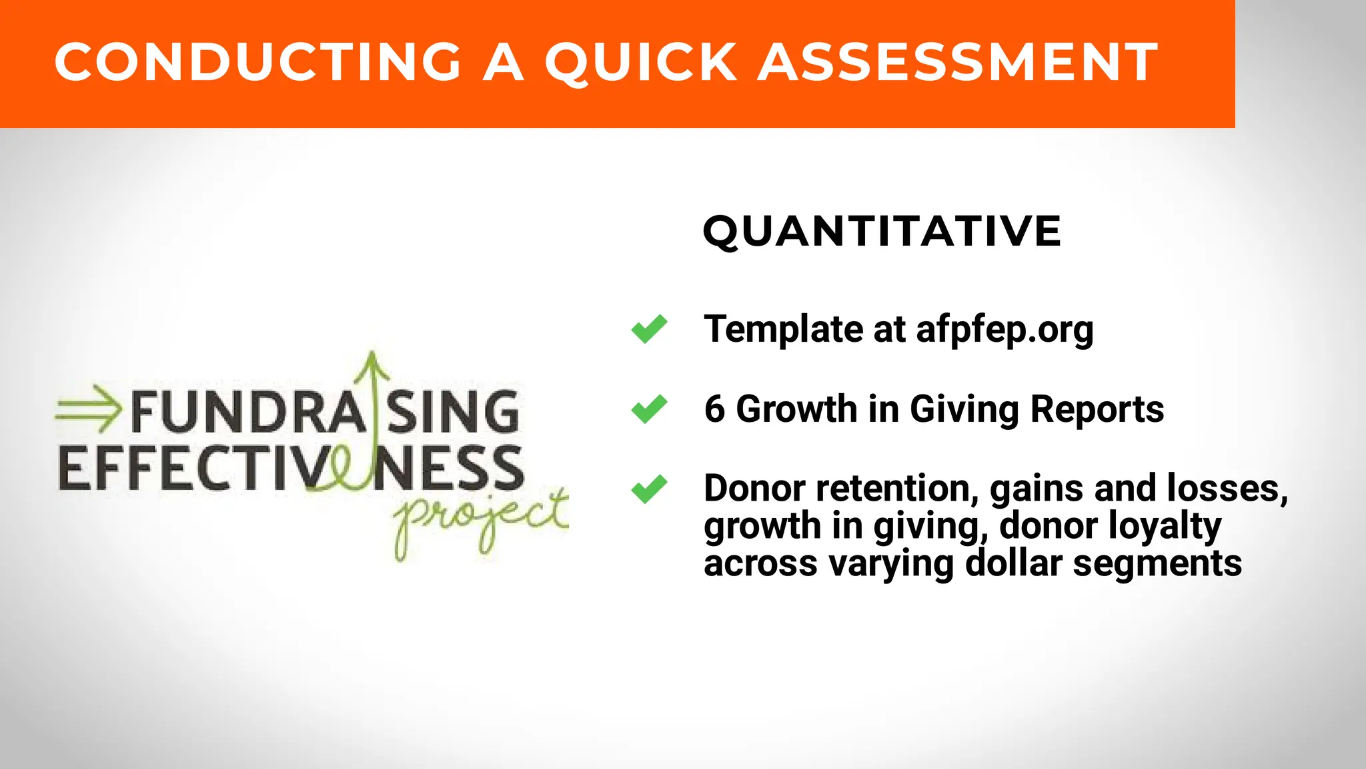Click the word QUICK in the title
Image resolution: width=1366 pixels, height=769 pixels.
pyautogui.click(x=642, y=62)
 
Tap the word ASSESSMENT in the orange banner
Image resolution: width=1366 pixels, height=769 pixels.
pyautogui.click(x=958, y=62)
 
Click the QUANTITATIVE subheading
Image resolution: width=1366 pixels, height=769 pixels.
pyautogui.click(x=882, y=232)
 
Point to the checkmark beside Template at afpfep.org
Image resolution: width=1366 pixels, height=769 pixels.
pyautogui.click(x=649, y=328)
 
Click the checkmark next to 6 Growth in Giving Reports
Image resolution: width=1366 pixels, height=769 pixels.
pyautogui.click(x=649, y=409)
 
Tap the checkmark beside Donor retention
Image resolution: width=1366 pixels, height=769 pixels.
pyautogui.click(x=649, y=489)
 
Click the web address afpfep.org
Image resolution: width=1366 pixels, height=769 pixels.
pyautogui.click(x=1004, y=330)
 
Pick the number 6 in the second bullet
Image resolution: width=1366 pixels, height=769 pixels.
pyautogui.click(x=714, y=409)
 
